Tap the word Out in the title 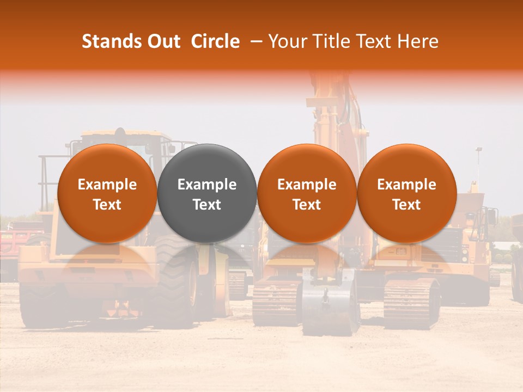click(x=163, y=41)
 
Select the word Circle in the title click(x=215, y=41)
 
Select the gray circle click(x=207, y=193)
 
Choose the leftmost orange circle click(x=107, y=193)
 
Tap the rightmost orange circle click(x=407, y=193)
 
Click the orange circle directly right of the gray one click(x=307, y=193)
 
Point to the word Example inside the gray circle click(x=207, y=185)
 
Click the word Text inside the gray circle click(x=207, y=204)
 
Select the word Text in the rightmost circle click(x=407, y=204)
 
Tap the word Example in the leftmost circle click(x=107, y=185)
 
